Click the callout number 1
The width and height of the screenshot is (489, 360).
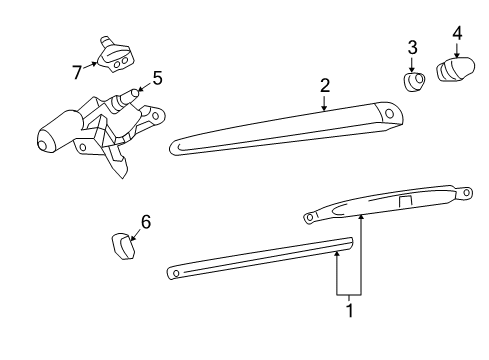click(349, 311)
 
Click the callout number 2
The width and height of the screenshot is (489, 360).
click(325, 87)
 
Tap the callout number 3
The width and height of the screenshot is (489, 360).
click(412, 46)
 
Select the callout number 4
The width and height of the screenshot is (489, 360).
click(457, 33)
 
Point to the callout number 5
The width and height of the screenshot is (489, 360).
click(156, 75)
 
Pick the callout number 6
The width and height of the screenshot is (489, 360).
click(145, 222)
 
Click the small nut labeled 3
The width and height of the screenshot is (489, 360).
click(414, 81)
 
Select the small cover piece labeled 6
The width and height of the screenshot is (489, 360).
click(122, 245)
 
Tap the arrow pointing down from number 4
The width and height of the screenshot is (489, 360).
click(457, 51)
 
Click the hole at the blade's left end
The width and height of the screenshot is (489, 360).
click(176, 271)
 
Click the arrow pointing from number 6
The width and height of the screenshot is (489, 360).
click(136, 231)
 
